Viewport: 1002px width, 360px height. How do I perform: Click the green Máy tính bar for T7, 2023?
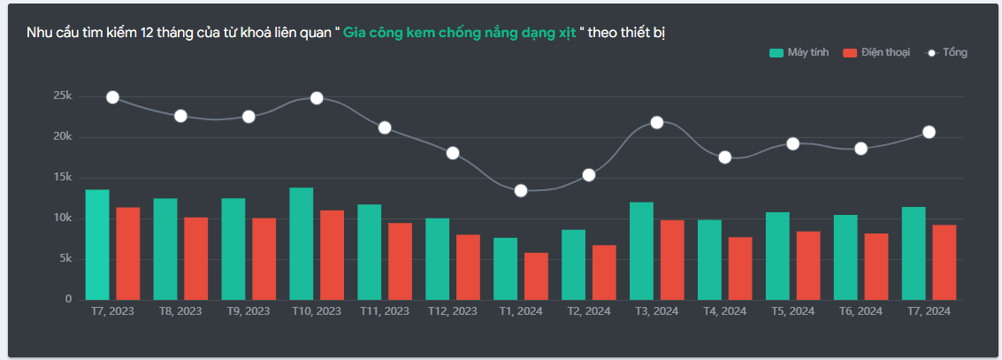click(97, 244)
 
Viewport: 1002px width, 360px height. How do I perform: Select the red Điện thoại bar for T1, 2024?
click(536, 276)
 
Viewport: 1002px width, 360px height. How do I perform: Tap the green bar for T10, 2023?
click(302, 243)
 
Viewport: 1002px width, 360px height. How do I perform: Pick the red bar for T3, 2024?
click(672, 259)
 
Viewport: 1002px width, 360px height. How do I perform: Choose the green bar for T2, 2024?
click(574, 264)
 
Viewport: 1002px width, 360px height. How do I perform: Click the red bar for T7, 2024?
click(945, 262)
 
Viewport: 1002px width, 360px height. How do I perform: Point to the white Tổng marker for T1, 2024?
click(521, 191)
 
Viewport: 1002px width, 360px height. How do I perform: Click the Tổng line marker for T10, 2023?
click(317, 98)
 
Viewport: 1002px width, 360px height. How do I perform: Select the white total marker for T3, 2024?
click(657, 122)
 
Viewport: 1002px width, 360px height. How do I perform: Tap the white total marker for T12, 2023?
click(453, 153)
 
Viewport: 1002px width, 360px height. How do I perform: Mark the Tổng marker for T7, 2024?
click(929, 132)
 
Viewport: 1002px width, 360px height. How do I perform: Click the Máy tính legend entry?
click(799, 53)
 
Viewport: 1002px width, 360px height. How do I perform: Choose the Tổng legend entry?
click(946, 53)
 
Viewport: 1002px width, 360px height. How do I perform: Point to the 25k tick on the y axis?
click(62, 96)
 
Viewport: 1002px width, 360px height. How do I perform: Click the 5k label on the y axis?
click(64, 259)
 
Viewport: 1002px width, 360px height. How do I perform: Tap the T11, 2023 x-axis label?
click(385, 311)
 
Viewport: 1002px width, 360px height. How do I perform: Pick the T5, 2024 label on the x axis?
click(792, 311)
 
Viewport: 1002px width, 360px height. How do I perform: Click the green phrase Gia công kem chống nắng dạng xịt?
click(460, 33)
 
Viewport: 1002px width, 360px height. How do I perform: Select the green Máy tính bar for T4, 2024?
click(710, 259)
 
